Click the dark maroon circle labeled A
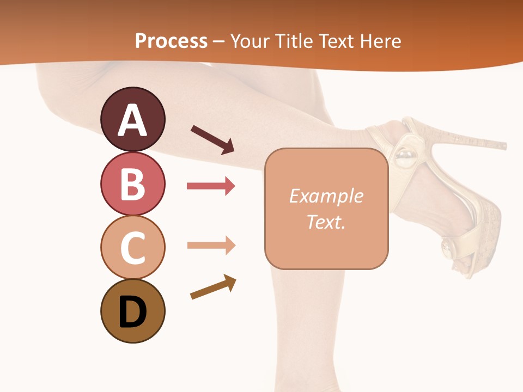click(x=132, y=119)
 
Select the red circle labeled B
click(x=132, y=183)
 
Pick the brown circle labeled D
click(x=132, y=311)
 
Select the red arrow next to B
click(x=211, y=186)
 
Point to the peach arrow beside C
click(x=211, y=245)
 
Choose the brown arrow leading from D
click(x=213, y=287)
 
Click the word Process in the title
click(x=171, y=41)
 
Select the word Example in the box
click(x=326, y=196)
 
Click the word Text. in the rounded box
click(x=326, y=222)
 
